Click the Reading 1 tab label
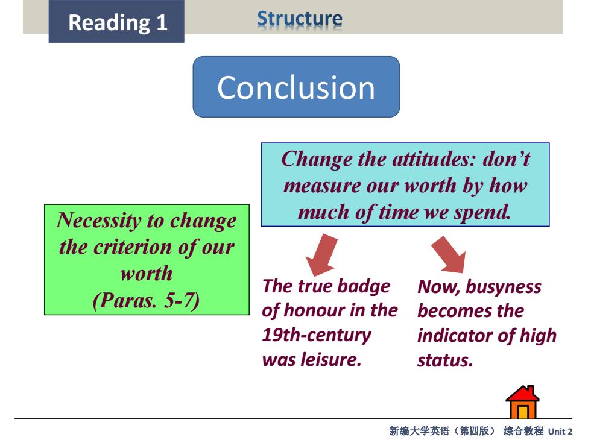[118, 22]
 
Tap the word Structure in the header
[300, 19]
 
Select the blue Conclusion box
[296, 87]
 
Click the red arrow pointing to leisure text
[321, 254]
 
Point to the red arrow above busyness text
[449, 254]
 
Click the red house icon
[522, 402]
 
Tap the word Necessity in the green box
[98, 221]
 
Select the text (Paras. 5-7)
[146, 300]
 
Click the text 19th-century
[317, 335]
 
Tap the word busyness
[504, 287]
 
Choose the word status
[445, 360]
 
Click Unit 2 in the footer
[560, 432]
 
